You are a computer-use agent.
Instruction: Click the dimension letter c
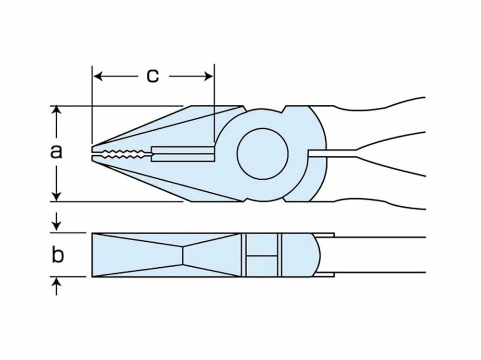pos(152,76)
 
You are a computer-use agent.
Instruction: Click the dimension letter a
pos(56,151)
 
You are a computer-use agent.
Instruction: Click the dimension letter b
pos(57,254)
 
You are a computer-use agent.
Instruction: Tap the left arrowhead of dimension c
pos(98,76)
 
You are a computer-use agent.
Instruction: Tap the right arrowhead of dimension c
pos(209,76)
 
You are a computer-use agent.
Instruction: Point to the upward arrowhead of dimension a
pos(56,110)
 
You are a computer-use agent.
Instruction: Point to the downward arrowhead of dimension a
pos(56,197)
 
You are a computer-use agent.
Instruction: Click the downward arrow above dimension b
pos(56,222)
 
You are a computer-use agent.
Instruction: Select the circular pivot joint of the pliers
pos(263,154)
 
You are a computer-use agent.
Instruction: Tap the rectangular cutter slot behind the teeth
pos(183,154)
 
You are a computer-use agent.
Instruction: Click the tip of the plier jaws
pos(92,154)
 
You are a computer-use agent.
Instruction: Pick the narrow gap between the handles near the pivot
pos(333,154)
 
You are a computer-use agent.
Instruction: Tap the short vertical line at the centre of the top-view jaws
pos(183,255)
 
